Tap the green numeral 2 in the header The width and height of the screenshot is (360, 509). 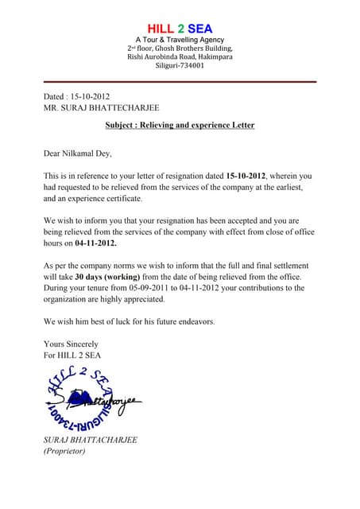(x=180, y=29)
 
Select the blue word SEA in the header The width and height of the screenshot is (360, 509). (x=199, y=29)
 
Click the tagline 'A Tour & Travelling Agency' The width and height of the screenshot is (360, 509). (x=180, y=40)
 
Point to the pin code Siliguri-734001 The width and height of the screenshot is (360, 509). (x=180, y=67)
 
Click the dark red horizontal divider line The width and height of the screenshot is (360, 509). (x=180, y=82)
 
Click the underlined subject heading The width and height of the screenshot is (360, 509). (x=180, y=126)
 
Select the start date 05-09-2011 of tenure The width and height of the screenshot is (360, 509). (x=157, y=288)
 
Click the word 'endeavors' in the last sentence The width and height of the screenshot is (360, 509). (x=192, y=321)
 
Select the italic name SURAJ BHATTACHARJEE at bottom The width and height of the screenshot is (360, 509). (x=91, y=440)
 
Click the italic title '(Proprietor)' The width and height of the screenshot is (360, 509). (x=64, y=451)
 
